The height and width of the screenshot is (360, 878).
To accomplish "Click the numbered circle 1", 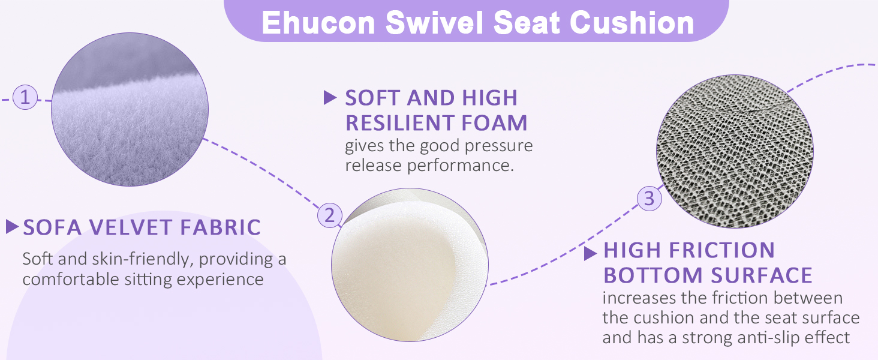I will (25, 97).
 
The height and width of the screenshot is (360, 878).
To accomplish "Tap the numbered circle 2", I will (329, 215).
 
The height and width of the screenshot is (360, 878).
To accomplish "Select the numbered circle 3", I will (649, 198).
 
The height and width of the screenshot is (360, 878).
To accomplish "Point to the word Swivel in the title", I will (435, 23).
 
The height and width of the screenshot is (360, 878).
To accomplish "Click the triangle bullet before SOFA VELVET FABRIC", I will (12, 227).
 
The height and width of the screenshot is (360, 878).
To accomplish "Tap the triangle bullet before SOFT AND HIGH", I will (330, 97).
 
